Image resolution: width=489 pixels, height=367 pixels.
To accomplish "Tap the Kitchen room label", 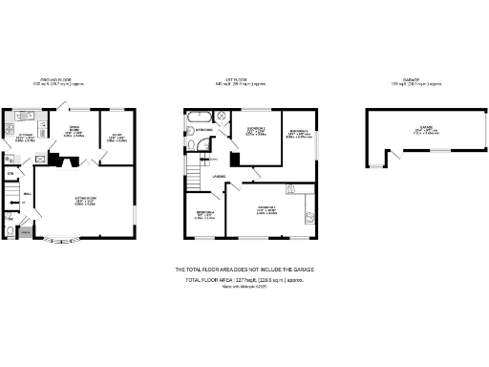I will click(x=25, y=139).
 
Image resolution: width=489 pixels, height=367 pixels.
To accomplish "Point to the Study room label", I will click(x=115, y=138).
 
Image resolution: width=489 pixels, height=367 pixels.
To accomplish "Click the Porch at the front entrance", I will click(x=26, y=232).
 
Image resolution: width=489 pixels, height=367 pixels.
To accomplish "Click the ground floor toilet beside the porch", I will click(x=10, y=230).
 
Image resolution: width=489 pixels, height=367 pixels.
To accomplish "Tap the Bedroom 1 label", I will click(x=266, y=209).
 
